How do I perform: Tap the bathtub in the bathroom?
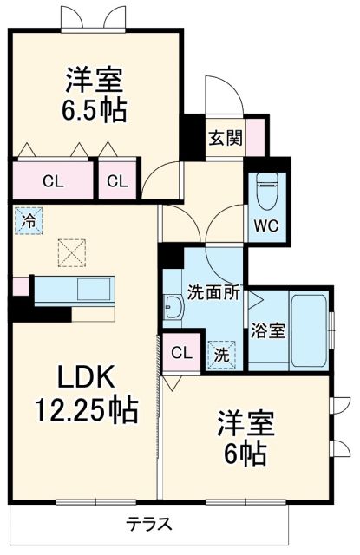(x=309, y=329)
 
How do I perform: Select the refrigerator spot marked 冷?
(x=28, y=220)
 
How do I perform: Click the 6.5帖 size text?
(x=95, y=110)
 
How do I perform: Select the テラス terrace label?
(x=148, y=523)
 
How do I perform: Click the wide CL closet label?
(x=52, y=181)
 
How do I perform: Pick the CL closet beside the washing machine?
(x=180, y=352)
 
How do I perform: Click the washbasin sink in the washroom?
(x=173, y=307)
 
